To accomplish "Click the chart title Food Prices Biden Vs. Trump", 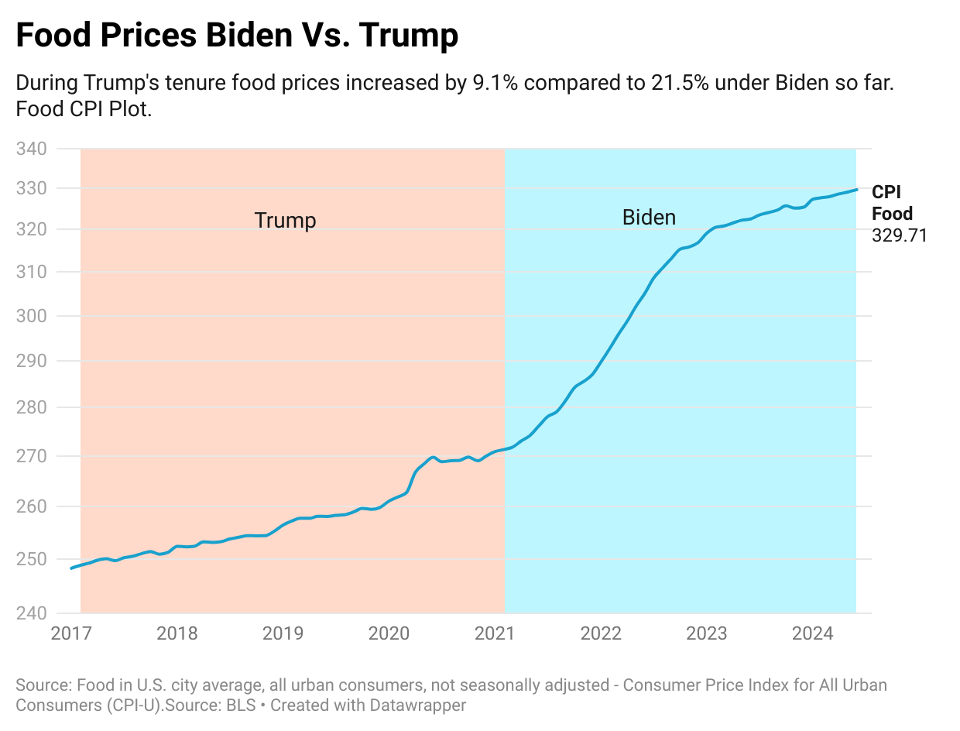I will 237,36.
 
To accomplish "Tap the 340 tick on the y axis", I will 31,148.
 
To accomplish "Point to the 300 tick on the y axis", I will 31,316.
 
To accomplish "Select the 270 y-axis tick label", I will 31,456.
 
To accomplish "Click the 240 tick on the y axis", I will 31,613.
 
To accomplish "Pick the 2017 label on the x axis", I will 71,633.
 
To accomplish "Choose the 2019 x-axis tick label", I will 283,633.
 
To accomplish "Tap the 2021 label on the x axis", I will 494,633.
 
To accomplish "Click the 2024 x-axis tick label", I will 812,633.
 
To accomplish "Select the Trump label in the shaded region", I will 285,221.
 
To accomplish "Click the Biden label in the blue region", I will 649,218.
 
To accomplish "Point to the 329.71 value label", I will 899,236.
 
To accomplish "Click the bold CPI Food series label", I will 892,203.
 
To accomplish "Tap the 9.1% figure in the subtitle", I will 492,83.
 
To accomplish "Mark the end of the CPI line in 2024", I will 856,190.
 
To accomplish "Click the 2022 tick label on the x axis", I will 601,633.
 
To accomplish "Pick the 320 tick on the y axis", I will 31,229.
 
